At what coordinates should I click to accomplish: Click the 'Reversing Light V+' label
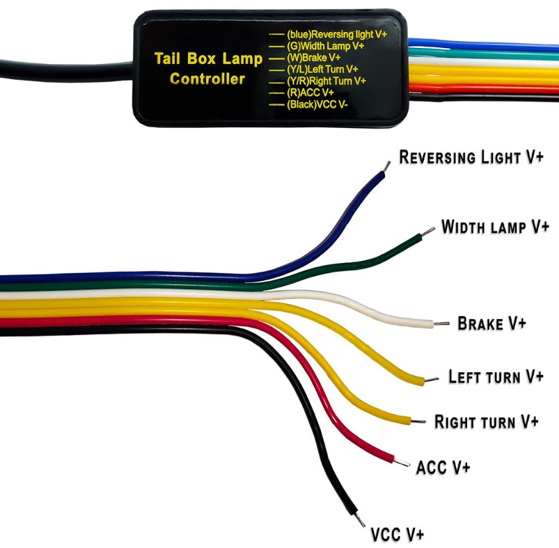pos(471,157)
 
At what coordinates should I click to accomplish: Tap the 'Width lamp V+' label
pos(495,227)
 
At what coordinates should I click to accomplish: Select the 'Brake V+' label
pos(491,323)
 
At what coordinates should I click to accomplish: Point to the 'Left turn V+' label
pos(495,377)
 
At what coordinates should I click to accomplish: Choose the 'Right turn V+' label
pos(486,421)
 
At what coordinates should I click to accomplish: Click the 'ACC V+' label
pos(443,467)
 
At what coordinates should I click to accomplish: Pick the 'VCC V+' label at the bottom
pos(397,534)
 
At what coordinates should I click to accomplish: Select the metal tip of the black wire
pos(359,519)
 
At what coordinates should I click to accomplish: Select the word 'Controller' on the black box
pos(207,79)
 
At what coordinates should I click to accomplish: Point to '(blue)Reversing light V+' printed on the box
pos(337,33)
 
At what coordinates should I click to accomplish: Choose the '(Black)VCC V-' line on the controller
pos(318,104)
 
